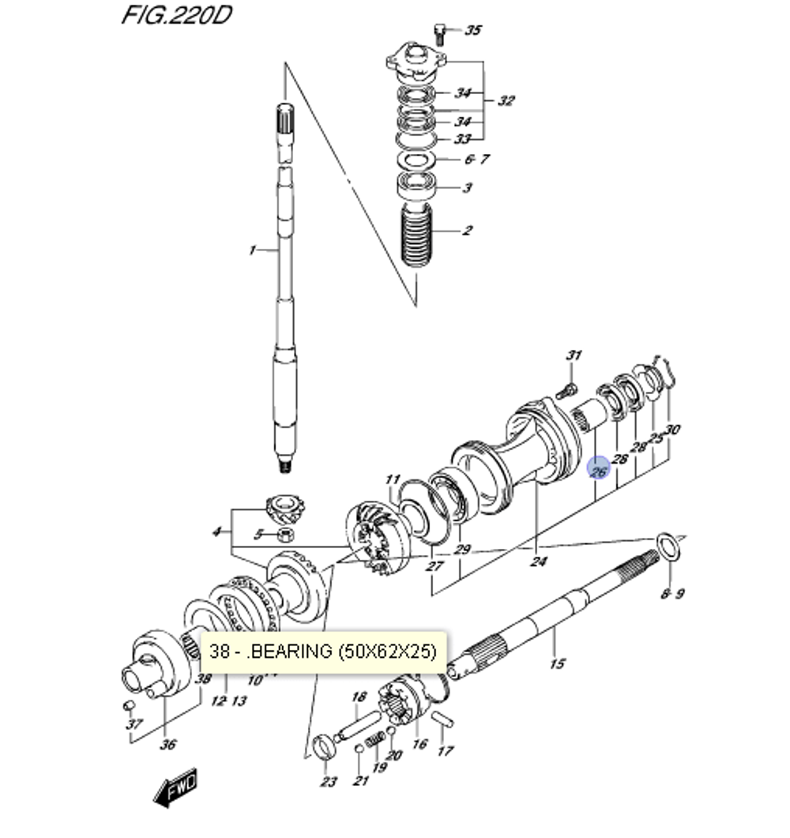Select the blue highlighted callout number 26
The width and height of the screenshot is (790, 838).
pos(599,468)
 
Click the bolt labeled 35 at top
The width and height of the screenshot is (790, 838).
pos(440,32)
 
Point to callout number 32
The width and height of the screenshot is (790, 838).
pos(506,100)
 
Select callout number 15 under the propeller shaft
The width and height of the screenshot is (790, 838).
pos(557,663)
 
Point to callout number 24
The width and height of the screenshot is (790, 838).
pos(538,562)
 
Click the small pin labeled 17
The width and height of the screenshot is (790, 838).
pos(443,720)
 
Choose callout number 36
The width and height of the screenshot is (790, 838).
pos(168,743)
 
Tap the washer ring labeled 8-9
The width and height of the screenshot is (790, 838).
pos(668,546)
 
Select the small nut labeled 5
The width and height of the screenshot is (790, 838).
pos(283,535)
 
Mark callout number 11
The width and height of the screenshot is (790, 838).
pos(393,479)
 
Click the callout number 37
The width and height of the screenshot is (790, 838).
pos(134,724)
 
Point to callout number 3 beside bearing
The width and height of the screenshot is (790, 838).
pos(468,188)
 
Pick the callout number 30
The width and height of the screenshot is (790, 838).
pos(672,430)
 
